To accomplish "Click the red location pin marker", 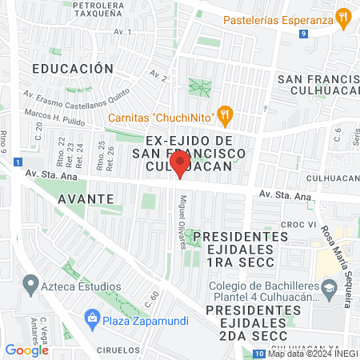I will click(x=181, y=164).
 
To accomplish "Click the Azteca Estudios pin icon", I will click(x=31, y=283).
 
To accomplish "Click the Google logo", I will click(x=26, y=350).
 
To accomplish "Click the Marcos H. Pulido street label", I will click(x=54, y=115).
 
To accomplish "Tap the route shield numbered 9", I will click(x=304, y=34).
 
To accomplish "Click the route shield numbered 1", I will click(x=18, y=162).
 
